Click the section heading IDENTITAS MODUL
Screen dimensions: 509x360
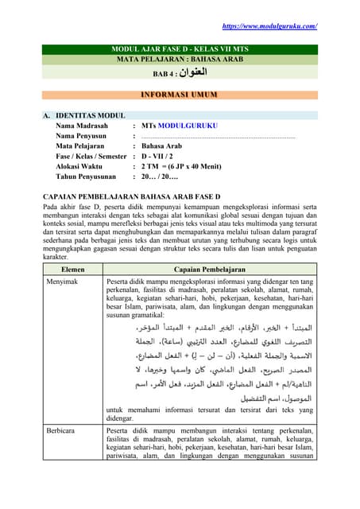coord(91,115)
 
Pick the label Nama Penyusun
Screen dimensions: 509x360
coord(83,136)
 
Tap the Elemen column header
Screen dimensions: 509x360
coord(72,270)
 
